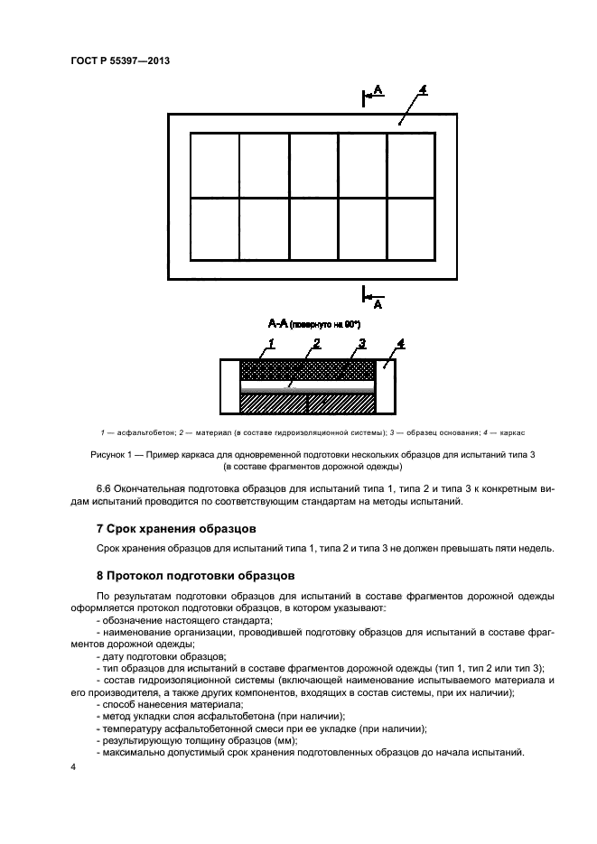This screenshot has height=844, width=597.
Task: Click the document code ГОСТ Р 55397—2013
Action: coord(119,60)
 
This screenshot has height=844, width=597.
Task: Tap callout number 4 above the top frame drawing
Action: coord(423,90)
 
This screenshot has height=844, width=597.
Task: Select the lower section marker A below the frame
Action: coord(378,305)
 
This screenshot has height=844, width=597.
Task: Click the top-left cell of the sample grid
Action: coord(214,165)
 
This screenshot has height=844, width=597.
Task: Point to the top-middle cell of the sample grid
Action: coord(312,165)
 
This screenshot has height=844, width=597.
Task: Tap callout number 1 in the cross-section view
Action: coord(270,344)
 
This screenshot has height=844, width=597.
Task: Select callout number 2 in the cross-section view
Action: coord(316,344)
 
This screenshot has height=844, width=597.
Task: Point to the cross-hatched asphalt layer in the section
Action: coord(307,370)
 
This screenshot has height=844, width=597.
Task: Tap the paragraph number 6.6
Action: coord(104,488)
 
